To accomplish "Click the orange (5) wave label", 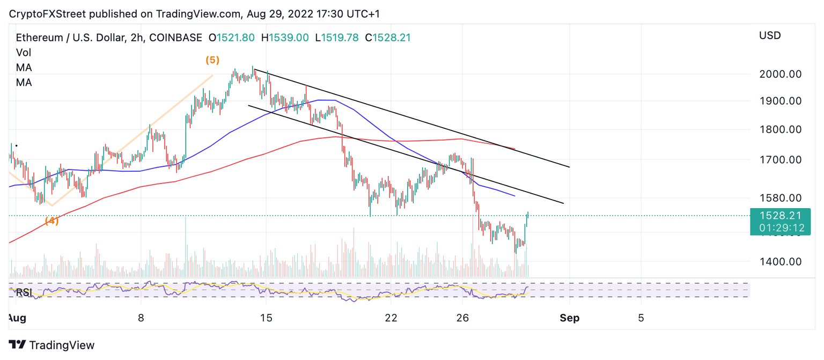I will [212, 60].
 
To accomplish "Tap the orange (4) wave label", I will [51, 221].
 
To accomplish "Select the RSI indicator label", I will [23, 292].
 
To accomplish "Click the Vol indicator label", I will [24, 53].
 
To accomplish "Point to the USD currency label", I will [770, 36].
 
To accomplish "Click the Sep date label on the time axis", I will [569, 318].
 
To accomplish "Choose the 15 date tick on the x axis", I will [266, 318].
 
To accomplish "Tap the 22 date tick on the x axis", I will [391, 318].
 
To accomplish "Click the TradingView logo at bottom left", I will [51, 345].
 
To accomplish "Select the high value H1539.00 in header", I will [285, 38].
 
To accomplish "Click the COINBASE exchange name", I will [176, 38].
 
